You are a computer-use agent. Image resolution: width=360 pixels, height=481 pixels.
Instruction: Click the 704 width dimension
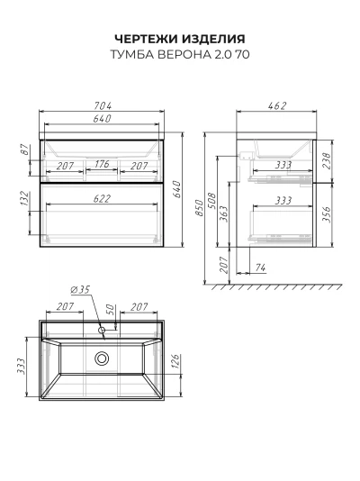tap(103, 105)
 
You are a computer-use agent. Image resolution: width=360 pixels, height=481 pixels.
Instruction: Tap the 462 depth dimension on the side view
tap(277, 105)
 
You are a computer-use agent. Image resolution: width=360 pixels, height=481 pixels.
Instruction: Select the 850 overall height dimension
tap(200, 208)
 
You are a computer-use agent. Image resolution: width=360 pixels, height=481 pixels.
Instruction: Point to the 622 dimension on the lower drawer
tap(102, 199)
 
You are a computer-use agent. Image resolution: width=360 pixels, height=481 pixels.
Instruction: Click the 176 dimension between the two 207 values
tap(102, 164)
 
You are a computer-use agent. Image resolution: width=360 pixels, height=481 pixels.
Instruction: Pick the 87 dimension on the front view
tap(26, 150)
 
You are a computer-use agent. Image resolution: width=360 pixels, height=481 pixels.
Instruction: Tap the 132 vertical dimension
tap(25, 199)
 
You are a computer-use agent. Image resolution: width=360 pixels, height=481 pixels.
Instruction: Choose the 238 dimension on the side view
tap(327, 160)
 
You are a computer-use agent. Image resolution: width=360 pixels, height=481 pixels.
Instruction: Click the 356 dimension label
tap(327, 214)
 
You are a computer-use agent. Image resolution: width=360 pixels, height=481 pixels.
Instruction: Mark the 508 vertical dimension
tap(212, 201)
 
